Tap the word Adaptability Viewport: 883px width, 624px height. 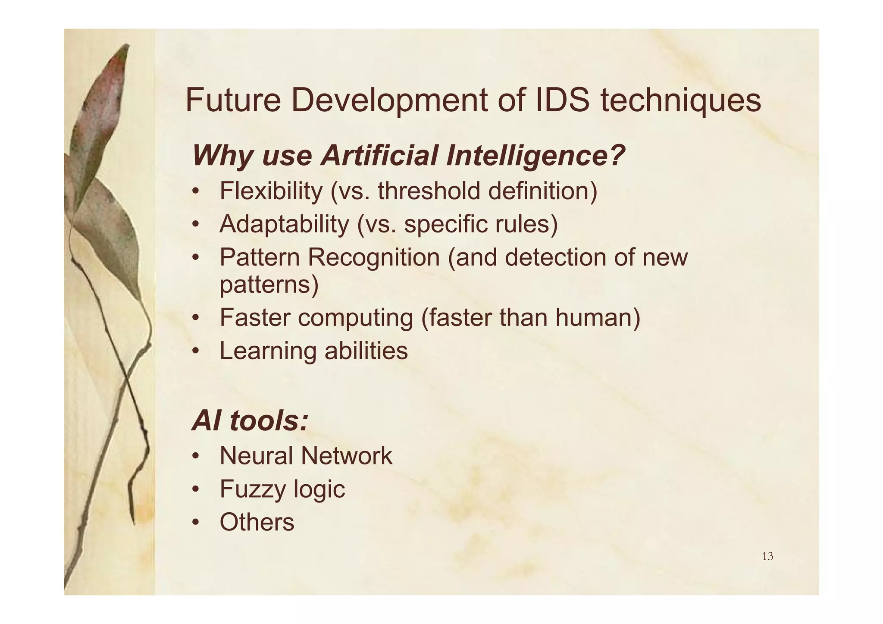click(284, 224)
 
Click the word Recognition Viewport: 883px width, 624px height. click(373, 257)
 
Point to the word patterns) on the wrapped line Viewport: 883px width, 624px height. click(269, 285)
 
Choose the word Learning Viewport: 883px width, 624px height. click(268, 351)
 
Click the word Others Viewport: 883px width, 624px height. click(257, 522)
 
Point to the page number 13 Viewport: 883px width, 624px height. click(767, 556)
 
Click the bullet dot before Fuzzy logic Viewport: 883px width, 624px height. click(196, 489)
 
